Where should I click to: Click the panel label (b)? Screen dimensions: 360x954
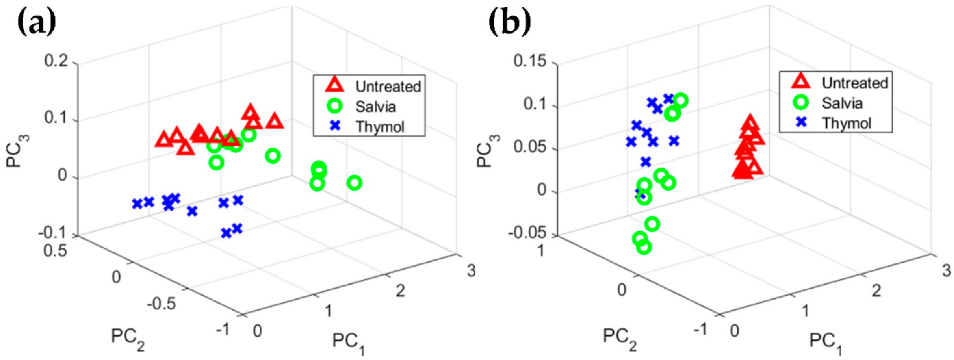pyautogui.click(x=510, y=23)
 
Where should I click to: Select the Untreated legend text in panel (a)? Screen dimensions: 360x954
pyautogui.click(x=388, y=87)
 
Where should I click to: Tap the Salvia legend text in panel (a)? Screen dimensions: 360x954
pyautogui.click(x=375, y=107)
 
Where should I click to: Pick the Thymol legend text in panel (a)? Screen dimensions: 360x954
pyautogui.click(x=380, y=127)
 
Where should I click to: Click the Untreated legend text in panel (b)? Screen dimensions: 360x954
pyautogui.click(x=854, y=83)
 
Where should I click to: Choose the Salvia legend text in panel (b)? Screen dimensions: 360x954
pyautogui.click(x=842, y=104)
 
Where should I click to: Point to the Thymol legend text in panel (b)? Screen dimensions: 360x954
pyautogui.click(x=846, y=123)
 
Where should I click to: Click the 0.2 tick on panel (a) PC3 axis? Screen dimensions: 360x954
pyautogui.click(x=56, y=61)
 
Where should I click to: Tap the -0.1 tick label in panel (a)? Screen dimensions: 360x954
pyautogui.click(x=53, y=234)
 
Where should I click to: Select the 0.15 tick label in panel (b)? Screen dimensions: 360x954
pyautogui.click(x=529, y=61)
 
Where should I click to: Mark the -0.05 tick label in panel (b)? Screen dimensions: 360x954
pyautogui.click(x=526, y=233)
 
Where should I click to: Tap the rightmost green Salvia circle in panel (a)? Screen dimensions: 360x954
pyautogui.click(x=355, y=183)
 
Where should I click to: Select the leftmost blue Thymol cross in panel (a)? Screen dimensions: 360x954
pyautogui.click(x=137, y=204)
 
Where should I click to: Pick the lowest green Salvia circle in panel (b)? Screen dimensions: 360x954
pyautogui.click(x=644, y=247)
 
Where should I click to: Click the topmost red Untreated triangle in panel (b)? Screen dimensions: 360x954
pyautogui.click(x=750, y=123)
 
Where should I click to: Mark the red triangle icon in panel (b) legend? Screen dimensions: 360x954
pyautogui.click(x=801, y=81)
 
